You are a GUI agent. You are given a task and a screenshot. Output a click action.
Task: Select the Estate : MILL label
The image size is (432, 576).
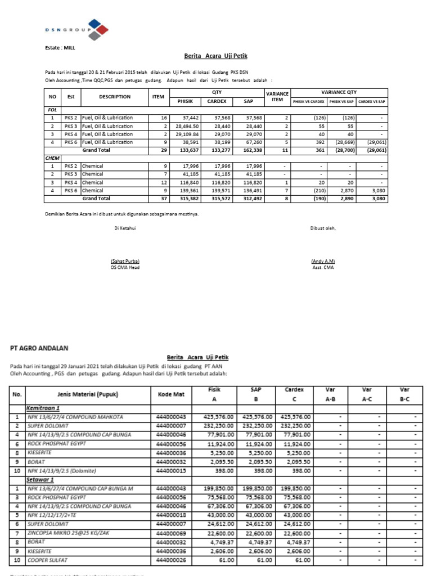coord(59,49)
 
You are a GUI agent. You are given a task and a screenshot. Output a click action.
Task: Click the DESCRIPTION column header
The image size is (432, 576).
coord(114,97)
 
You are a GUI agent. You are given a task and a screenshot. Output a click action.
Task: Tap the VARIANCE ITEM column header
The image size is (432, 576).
coord(277,97)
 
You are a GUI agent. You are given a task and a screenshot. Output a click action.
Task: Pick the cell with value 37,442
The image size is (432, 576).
coord(190,118)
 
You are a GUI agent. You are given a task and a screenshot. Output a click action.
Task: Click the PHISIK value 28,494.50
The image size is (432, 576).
coord(188,127)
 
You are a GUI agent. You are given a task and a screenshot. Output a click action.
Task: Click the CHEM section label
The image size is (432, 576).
coord(52,159)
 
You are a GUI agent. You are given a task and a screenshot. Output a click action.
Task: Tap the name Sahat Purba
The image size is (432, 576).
coord(125,262)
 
